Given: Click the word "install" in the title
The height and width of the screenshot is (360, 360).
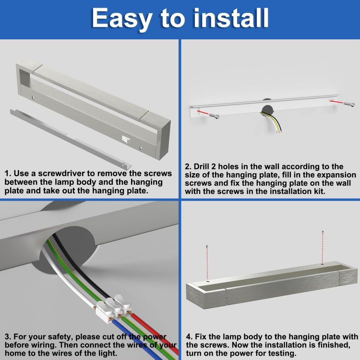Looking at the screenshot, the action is pyautogui.click(x=231, y=18).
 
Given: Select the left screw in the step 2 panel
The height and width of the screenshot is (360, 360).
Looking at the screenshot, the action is pyautogui.click(x=214, y=116).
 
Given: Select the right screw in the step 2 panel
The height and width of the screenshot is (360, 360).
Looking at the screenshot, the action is pyautogui.click(x=349, y=104).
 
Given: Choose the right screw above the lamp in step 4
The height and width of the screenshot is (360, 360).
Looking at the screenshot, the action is pyautogui.click(x=323, y=247).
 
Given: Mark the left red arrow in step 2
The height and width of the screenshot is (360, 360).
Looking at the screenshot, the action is pyautogui.click(x=203, y=113).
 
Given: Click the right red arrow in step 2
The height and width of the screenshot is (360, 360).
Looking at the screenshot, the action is pyautogui.click(x=336, y=101).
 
